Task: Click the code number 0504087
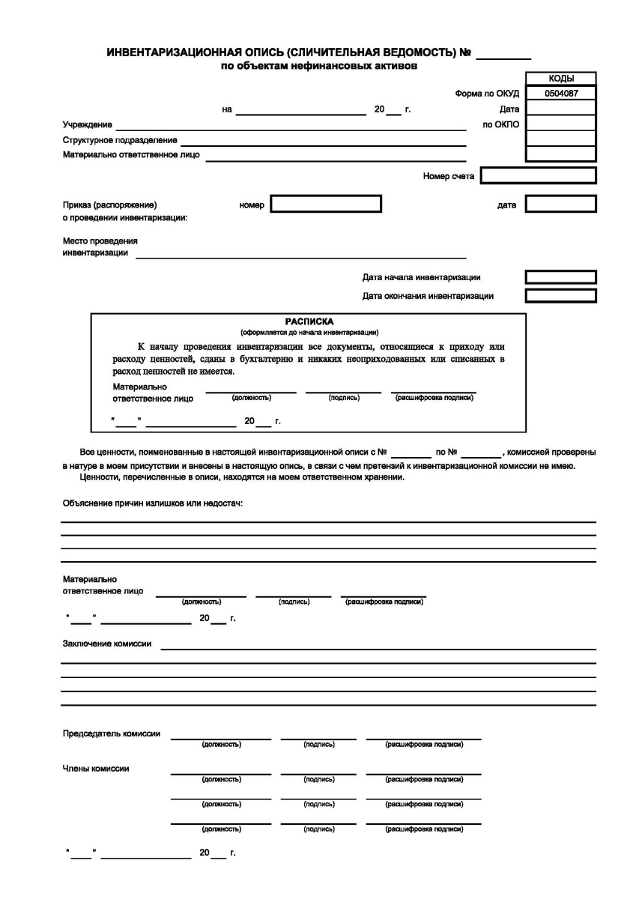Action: [560, 94]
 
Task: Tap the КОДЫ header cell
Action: [560, 79]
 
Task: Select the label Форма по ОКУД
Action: [487, 94]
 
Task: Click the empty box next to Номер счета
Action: [538, 176]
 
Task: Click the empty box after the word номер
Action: [326, 204]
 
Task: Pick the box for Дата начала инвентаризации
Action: [560, 277]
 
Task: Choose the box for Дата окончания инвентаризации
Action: [560, 296]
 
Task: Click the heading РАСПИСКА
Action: [309, 321]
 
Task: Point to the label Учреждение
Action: [87, 124]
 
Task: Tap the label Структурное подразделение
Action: [120, 140]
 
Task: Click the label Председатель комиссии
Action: [111, 733]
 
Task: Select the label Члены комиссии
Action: [95, 768]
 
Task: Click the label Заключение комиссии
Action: [106, 644]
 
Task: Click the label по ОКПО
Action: [501, 124]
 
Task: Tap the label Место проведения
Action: [100, 241]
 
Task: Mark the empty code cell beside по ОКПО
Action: [560, 124]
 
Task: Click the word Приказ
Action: [77, 205]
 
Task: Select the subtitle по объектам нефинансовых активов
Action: [318, 66]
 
